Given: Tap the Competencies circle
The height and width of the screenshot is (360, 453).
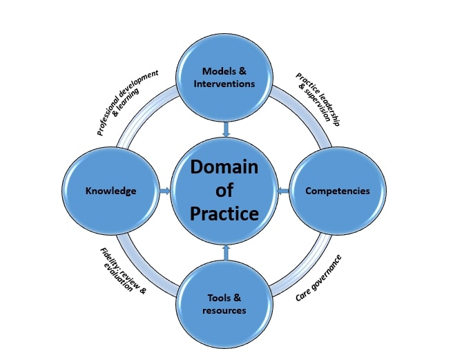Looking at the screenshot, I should [x=337, y=190].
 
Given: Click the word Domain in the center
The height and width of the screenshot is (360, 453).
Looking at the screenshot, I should [x=224, y=167].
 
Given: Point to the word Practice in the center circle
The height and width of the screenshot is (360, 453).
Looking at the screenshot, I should [x=224, y=214].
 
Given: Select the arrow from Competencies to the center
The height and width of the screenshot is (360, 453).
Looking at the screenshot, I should [x=284, y=190].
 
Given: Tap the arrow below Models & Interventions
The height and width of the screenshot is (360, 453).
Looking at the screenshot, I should [x=225, y=129].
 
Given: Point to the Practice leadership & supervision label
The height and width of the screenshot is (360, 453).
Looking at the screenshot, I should [x=318, y=98].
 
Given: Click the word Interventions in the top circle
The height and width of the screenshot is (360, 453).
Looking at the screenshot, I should [x=225, y=84].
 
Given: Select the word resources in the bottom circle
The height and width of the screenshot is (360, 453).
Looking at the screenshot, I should [x=224, y=310].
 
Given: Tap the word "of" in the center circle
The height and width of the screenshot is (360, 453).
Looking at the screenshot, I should [x=224, y=191].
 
